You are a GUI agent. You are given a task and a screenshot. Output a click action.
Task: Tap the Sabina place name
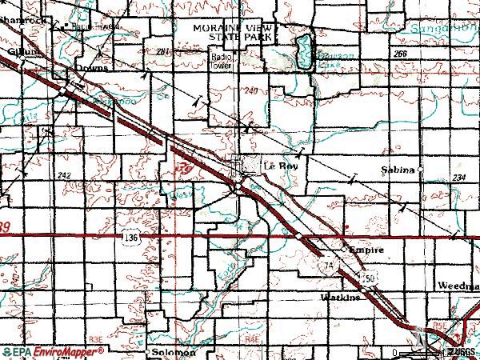click(x=398, y=170)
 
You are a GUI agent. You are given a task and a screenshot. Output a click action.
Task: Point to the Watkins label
click(x=342, y=297)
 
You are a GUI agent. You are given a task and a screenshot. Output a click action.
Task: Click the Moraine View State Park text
click(x=233, y=31)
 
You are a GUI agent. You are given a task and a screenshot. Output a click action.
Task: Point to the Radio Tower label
click(x=222, y=61)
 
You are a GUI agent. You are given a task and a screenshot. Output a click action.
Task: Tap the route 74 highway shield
click(x=326, y=264)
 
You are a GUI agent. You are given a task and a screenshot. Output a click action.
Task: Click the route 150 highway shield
click(x=368, y=277)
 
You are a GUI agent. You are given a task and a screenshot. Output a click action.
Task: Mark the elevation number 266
click(x=400, y=52)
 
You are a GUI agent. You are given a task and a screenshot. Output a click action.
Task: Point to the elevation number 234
click(x=458, y=178)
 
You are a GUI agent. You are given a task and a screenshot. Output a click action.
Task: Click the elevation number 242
click(x=65, y=174)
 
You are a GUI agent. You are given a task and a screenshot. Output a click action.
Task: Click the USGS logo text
click(x=461, y=352)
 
